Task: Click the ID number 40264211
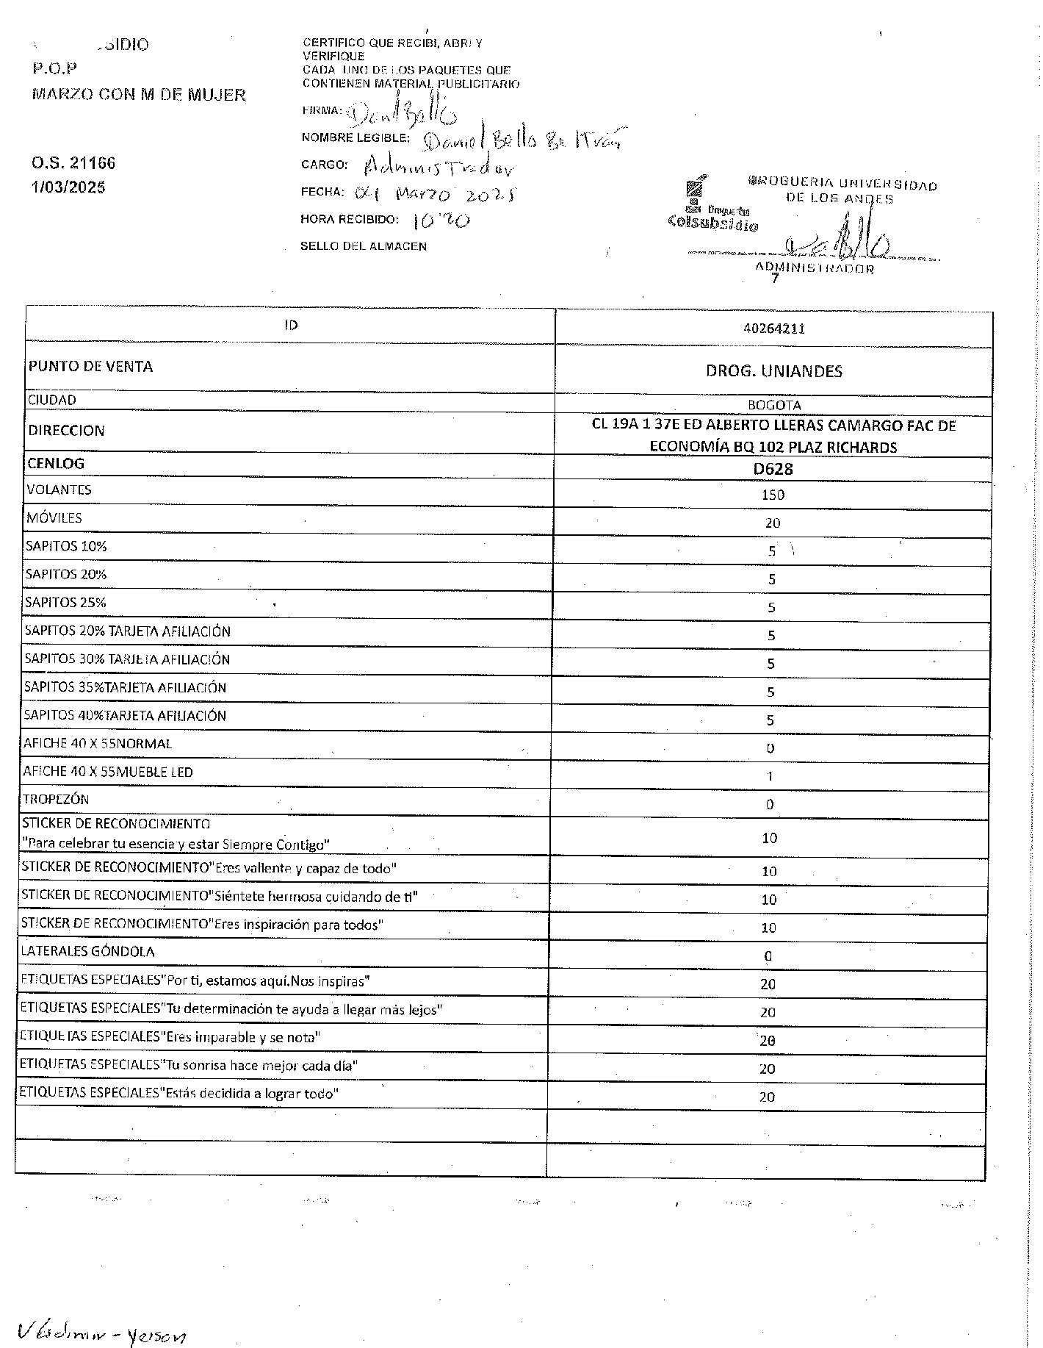pyautogui.click(x=774, y=329)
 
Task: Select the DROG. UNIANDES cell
pyautogui.click(x=773, y=371)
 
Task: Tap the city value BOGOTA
pyautogui.click(x=773, y=405)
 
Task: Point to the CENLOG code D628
pyautogui.click(x=773, y=469)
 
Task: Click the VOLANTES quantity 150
pyautogui.click(x=773, y=495)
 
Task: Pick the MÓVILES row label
pyautogui.click(x=54, y=518)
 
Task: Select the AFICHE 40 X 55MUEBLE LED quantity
pyautogui.click(x=770, y=776)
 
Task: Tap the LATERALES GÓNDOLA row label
pyautogui.click(x=87, y=952)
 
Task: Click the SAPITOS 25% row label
pyautogui.click(x=66, y=603)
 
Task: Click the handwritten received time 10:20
pyautogui.click(x=442, y=220)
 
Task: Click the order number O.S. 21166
pyautogui.click(x=73, y=163)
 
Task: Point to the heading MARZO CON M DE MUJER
pyautogui.click(x=139, y=95)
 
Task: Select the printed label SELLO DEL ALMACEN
pyautogui.click(x=364, y=246)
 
